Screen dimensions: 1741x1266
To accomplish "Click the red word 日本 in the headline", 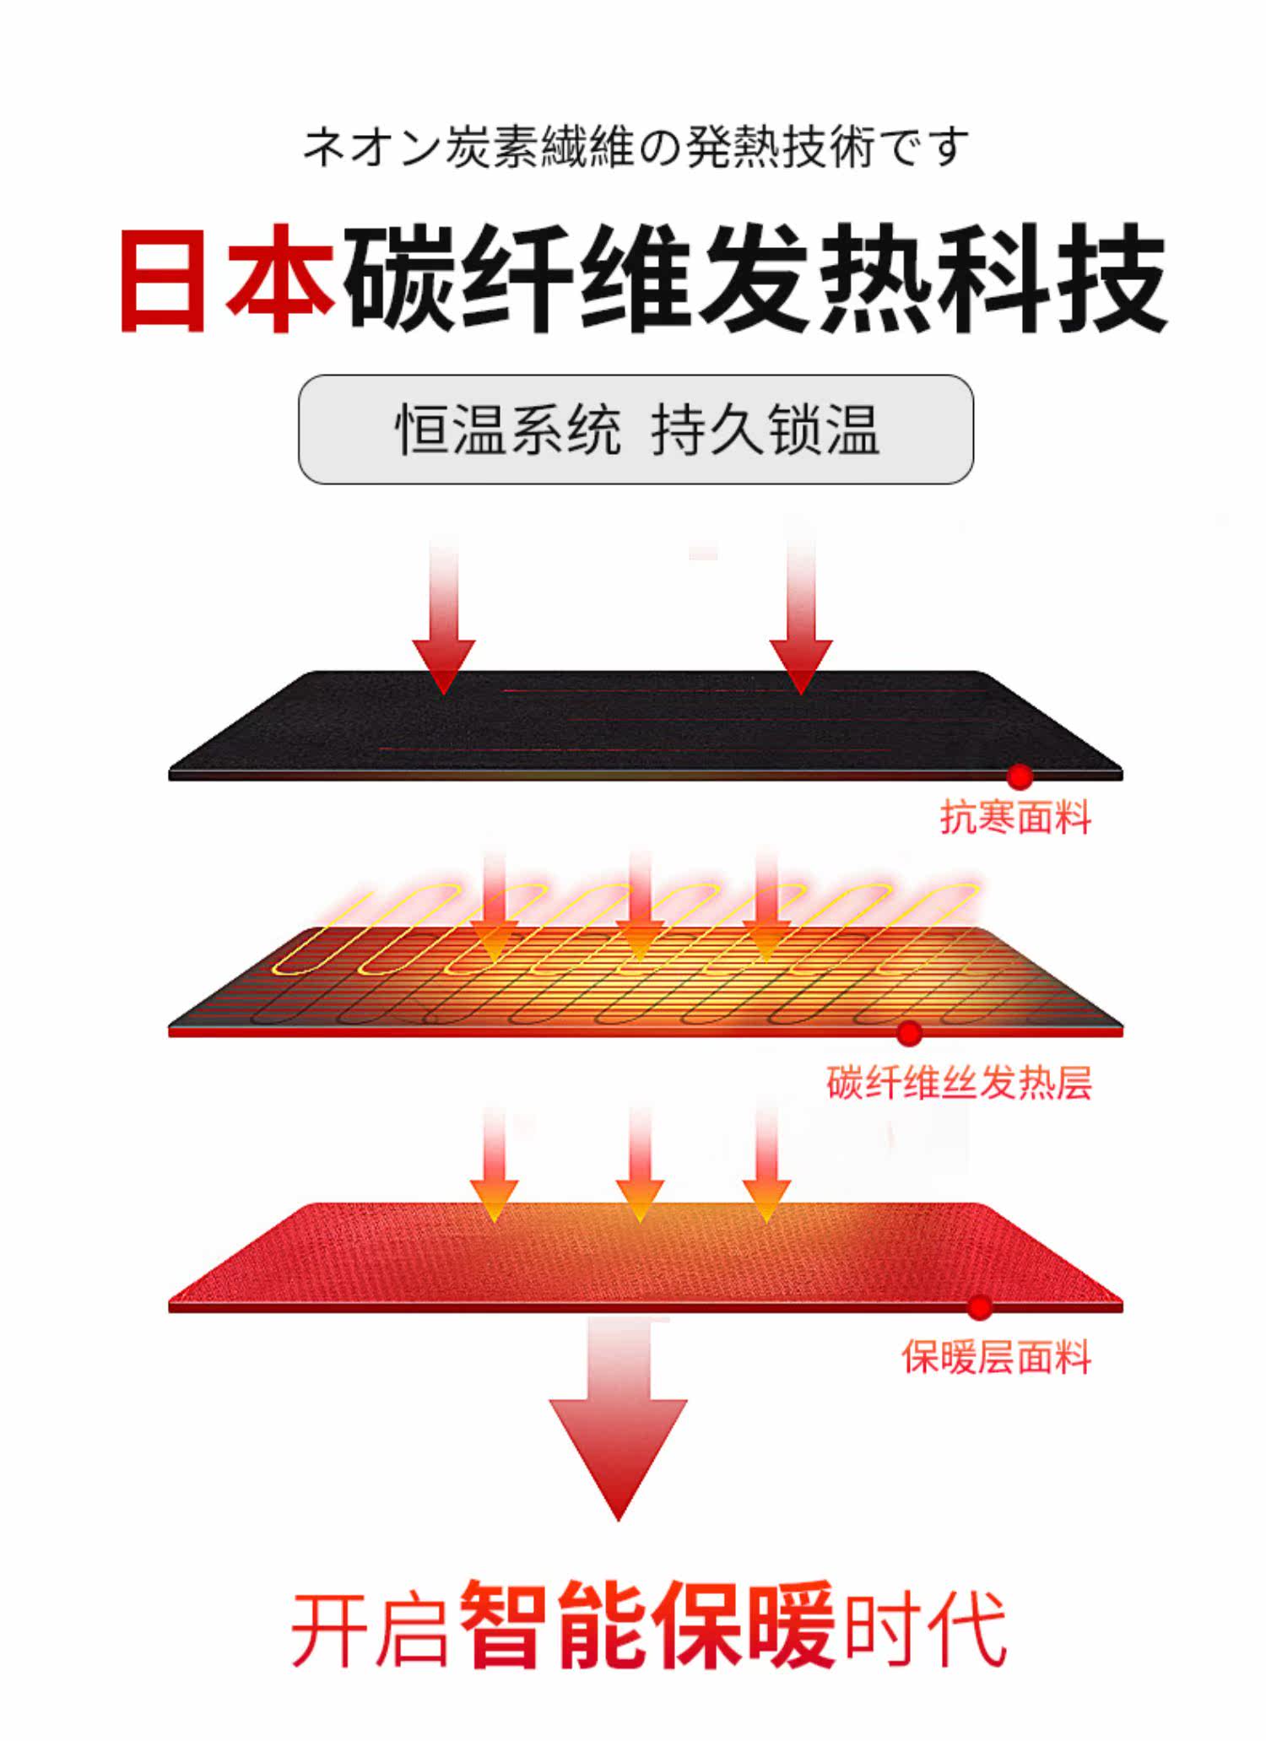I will click(x=226, y=278).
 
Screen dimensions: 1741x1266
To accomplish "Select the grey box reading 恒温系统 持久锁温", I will click(x=636, y=430).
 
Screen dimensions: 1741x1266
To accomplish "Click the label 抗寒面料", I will click(x=1015, y=818).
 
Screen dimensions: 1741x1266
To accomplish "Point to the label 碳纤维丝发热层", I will click(x=959, y=1083).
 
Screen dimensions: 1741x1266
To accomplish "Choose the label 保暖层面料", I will click(x=996, y=1358).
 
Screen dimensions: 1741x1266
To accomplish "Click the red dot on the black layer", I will click(x=1020, y=776).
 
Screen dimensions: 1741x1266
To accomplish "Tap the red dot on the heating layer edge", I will click(x=909, y=1033).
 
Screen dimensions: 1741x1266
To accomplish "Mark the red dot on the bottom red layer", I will click(x=979, y=1307).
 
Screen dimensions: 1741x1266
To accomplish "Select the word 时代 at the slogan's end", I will click(x=926, y=1629).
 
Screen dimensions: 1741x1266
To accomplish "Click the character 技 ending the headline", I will click(x=1113, y=278).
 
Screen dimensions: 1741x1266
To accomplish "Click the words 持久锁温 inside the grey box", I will click(x=765, y=430).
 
